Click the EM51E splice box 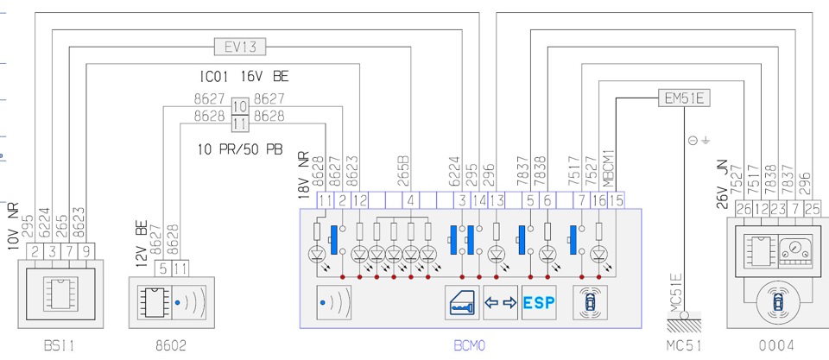click(x=684, y=98)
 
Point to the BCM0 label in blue click(x=470, y=346)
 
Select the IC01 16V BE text click(x=243, y=77)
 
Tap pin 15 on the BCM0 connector click(x=616, y=201)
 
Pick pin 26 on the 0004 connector click(x=742, y=208)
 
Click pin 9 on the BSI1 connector click(x=85, y=252)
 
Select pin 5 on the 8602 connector click(x=163, y=269)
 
